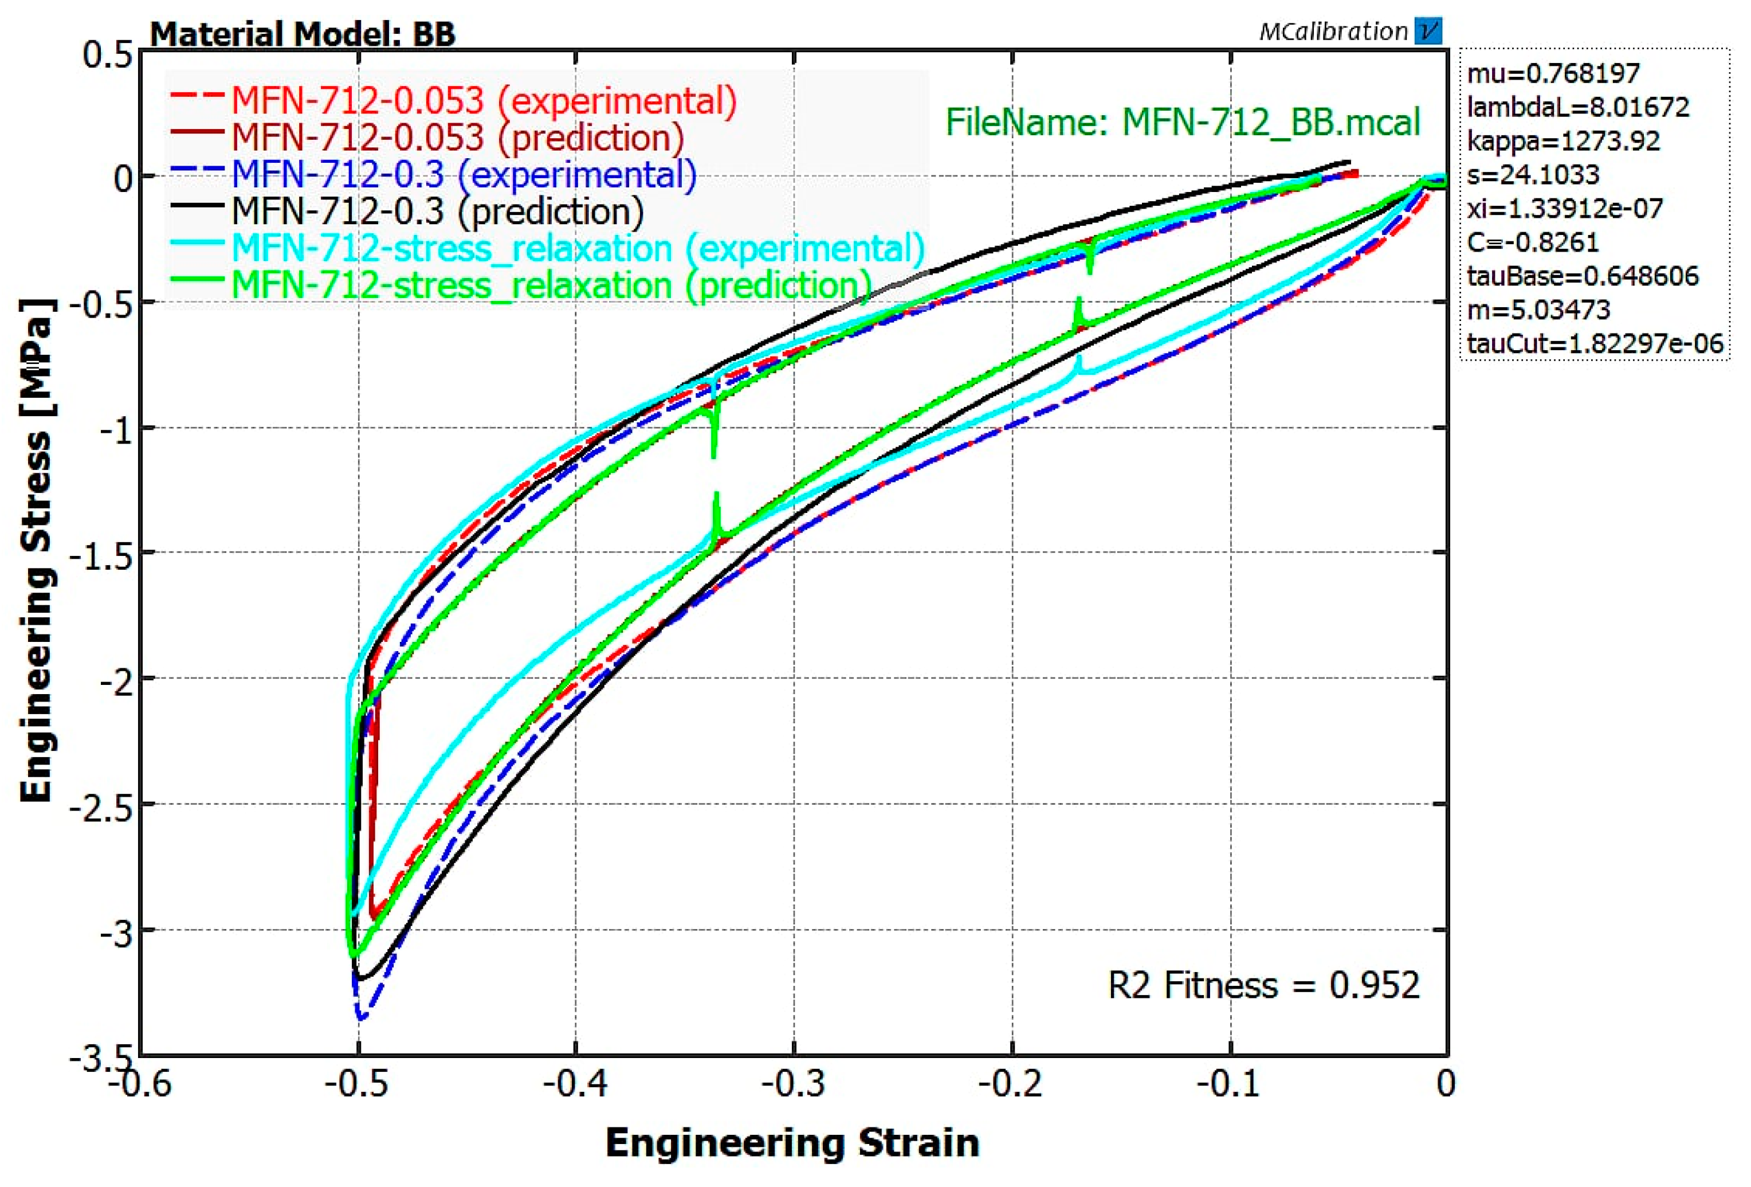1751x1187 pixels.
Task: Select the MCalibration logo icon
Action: pyautogui.click(x=1428, y=32)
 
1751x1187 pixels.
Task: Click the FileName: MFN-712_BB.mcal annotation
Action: pyautogui.click(x=1182, y=122)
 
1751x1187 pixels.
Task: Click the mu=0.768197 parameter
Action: pyautogui.click(x=1553, y=73)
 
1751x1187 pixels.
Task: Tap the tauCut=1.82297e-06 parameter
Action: pyautogui.click(x=1594, y=344)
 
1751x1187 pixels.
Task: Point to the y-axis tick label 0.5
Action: pyautogui.click(x=108, y=55)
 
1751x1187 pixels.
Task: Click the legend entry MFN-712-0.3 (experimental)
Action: pyautogui.click(x=464, y=175)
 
